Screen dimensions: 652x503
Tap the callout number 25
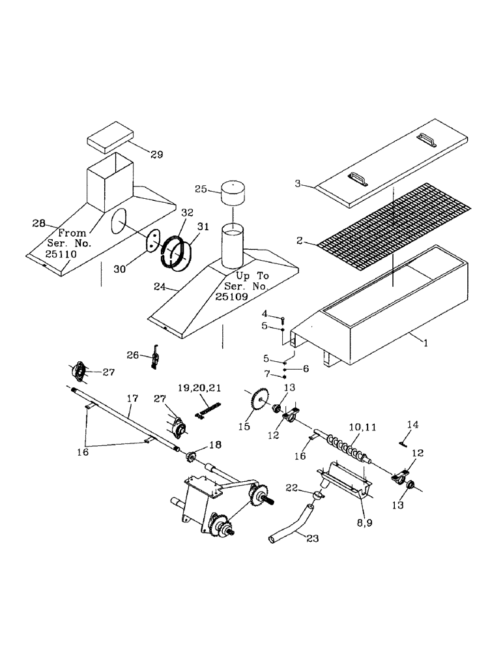click(x=201, y=189)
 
